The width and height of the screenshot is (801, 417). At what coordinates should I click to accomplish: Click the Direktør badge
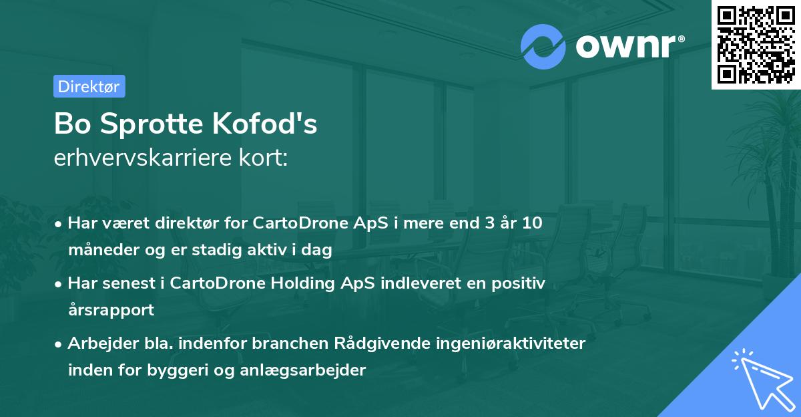point(89,86)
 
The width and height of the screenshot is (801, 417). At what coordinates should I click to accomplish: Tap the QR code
point(754,44)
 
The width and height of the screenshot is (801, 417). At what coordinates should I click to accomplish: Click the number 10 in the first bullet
point(532,223)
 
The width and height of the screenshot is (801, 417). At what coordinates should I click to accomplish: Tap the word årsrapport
point(111,310)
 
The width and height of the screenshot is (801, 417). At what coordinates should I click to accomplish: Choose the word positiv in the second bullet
point(519,283)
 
